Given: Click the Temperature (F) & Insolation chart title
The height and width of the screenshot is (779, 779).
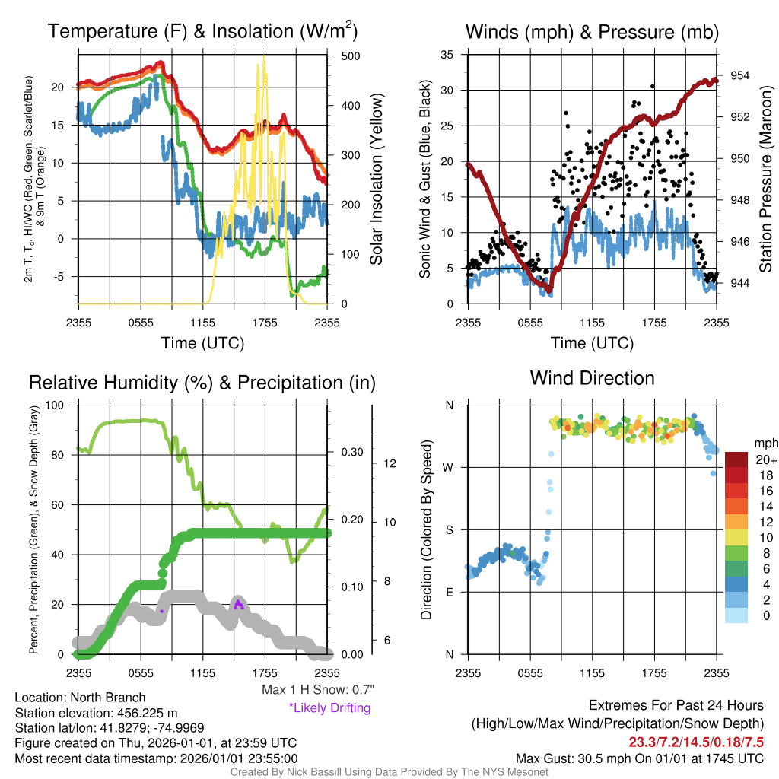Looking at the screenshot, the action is pyautogui.click(x=202, y=30).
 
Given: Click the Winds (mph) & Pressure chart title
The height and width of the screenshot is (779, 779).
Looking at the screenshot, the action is pyautogui.click(x=592, y=32).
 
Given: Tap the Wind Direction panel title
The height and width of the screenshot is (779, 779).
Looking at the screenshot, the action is pyautogui.click(x=592, y=378).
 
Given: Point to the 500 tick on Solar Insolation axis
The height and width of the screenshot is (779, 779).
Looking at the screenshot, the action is pyautogui.click(x=351, y=56).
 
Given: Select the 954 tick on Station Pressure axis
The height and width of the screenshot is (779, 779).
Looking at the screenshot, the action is pyautogui.click(x=739, y=75).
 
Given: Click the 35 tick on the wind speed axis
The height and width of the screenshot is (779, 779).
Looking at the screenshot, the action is pyautogui.click(x=447, y=55).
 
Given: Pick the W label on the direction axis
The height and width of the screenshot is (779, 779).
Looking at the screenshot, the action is pyautogui.click(x=449, y=468).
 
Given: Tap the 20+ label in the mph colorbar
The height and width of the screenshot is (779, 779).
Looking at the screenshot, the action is pyautogui.click(x=766, y=459).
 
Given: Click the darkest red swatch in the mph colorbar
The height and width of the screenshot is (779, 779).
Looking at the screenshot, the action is pyautogui.click(x=736, y=459).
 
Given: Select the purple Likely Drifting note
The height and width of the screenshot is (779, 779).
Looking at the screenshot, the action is pyautogui.click(x=330, y=707).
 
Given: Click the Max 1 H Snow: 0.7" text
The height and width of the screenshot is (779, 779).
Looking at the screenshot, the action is pyautogui.click(x=318, y=689).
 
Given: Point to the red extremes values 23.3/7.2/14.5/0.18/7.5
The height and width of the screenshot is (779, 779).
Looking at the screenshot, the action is pyautogui.click(x=696, y=742).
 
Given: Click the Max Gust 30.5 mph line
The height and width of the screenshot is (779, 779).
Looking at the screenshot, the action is pyautogui.click(x=640, y=758).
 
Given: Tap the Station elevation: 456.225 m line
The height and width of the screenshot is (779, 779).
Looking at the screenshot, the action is pyautogui.click(x=96, y=713).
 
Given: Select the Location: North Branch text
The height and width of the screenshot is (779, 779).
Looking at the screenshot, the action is pyautogui.click(x=80, y=698).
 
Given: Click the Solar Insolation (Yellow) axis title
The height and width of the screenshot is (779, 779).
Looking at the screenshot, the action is pyautogui.click(x=377, y=179).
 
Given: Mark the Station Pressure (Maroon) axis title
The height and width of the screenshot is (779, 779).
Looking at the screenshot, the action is pyautogui.click(x=765, y=179).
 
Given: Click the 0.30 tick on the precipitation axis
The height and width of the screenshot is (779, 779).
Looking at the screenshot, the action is pyautogui.click(x=351, y=452).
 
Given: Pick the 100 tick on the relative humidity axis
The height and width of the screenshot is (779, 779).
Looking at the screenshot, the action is pyautogui.click(x=55, y=405).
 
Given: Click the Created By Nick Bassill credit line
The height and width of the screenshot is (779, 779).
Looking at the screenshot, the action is pyautogui.click(x=389, y=772).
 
